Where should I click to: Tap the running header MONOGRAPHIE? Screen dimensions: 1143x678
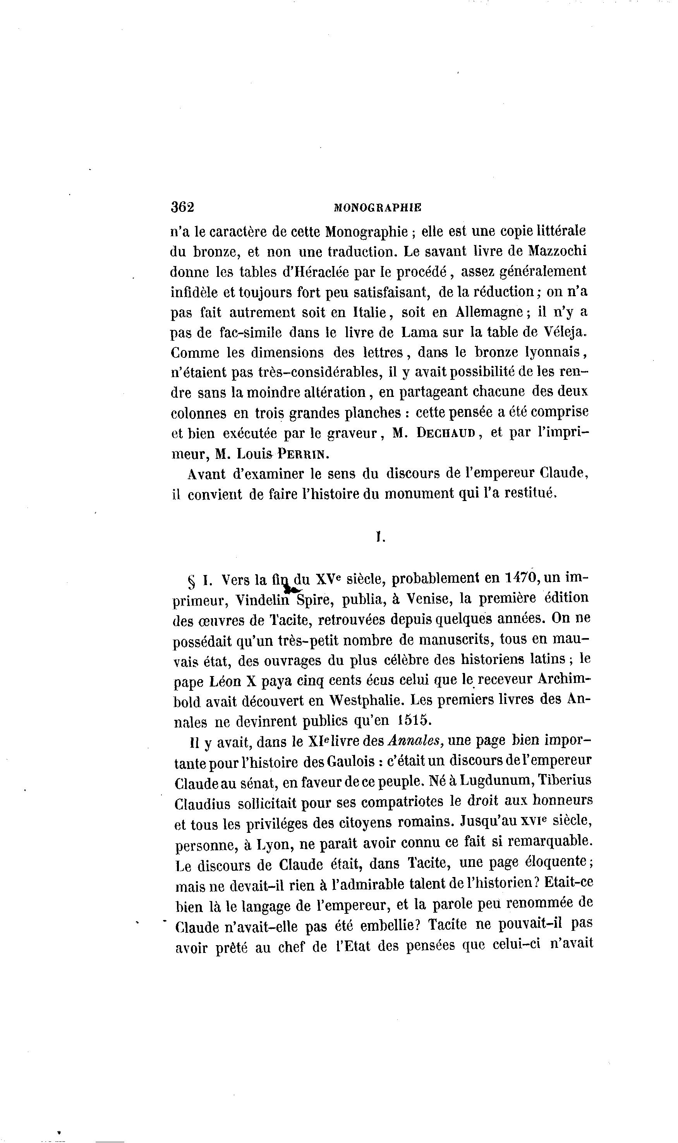pyautogui.click(x=378, y=208)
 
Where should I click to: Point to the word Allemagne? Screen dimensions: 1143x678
pyautogui.click(x=489, y=312)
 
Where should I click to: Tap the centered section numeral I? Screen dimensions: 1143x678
pyautogui.click(x=379, y=538)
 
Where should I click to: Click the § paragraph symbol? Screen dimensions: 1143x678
pyautogui.click(x=192, y=582)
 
